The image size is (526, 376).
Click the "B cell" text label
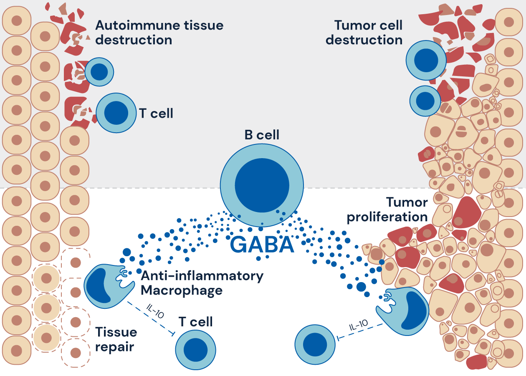tap(262, 135)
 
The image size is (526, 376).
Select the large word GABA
tap(262, 245)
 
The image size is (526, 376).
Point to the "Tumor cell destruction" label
tap(364, 33)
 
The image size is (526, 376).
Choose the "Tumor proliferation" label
tap(387, 210)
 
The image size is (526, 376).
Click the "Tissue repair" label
tap(116, 339)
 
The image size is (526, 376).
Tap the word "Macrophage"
tap(182, 290)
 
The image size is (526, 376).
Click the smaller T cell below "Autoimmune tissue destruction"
tap(99, 72)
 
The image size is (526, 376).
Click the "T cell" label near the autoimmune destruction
tap(156, 113)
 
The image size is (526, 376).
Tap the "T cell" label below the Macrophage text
tap(195, 322)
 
